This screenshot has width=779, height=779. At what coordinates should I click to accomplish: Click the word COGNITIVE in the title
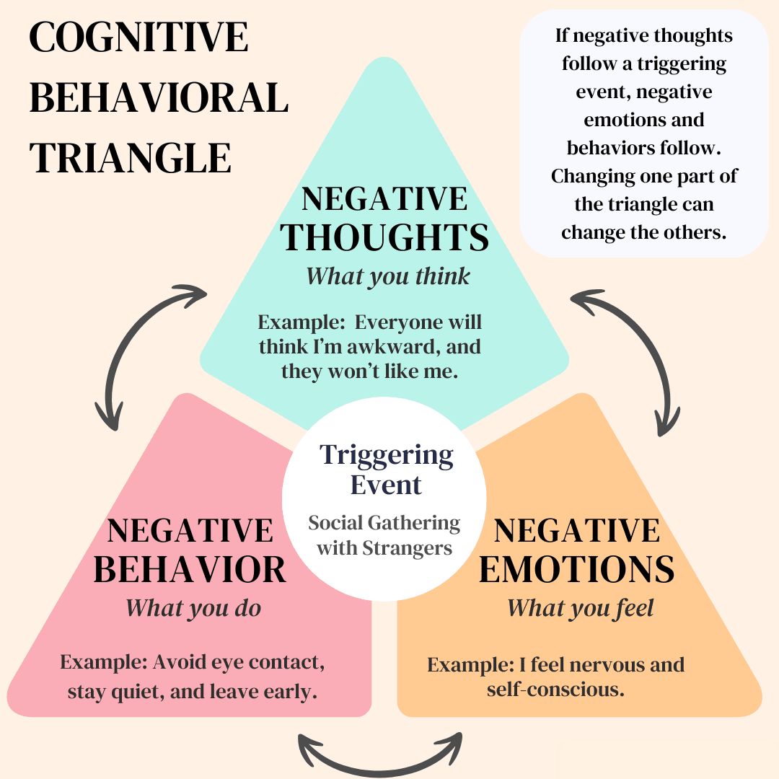point(138,38)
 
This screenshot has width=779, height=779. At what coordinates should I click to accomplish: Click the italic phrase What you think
point(388,276)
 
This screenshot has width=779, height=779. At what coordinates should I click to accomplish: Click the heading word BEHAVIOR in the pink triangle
point(190,570)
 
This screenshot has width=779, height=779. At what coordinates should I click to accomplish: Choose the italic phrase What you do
point(193,608)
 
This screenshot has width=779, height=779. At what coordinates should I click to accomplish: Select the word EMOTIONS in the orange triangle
point(576,570)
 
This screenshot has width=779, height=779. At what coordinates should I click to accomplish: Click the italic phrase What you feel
point(581,608)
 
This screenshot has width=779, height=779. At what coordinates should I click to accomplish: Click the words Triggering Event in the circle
point(387,470)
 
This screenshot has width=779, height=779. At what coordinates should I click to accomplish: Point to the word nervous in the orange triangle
point(597,664)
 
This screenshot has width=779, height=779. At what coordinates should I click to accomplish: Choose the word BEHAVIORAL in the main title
point(159,98)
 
